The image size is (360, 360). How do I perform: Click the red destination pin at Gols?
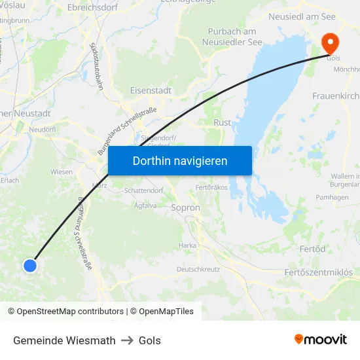click(x=331, y=43)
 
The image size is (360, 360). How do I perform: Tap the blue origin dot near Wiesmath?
click(x=30, y=265)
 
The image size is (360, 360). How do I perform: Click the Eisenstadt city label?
click(x=151, y=90)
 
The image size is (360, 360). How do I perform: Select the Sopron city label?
click(x=185, y=207)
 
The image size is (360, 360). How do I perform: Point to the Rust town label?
click(x=223, y=122)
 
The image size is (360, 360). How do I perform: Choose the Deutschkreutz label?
click(x=198, y=269)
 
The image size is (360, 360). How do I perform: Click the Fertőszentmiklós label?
click(x=318, y=272)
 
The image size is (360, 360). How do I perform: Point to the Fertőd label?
click(x=312, y=249)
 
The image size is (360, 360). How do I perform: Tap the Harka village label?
click(x=187, y=245)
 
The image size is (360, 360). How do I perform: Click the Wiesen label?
click(x=62, y=172)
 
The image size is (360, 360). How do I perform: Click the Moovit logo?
click(x=320, y=339)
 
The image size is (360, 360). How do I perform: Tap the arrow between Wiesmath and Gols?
click(x=127, y=340)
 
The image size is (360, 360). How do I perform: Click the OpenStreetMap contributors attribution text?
click(x=65, y=312)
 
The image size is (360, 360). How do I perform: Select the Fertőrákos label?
click(x=211, y=188)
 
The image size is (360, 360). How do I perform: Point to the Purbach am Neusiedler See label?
click(x=232, y=37)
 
